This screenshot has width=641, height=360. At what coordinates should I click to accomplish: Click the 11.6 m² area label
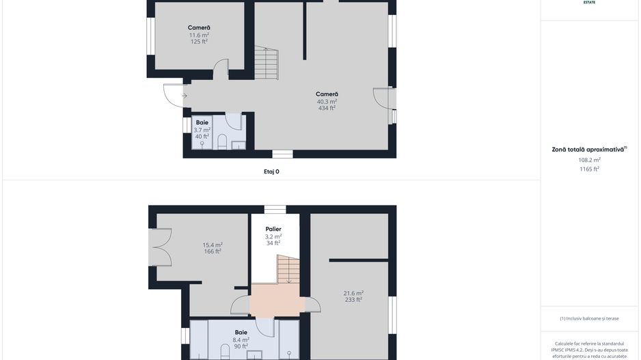pyautogui.click(x=199, y=35)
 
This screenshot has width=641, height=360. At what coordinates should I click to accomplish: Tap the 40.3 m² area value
pyautogui.click(x=327, y=101)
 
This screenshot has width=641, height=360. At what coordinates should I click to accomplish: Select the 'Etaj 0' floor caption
pyautogui.click(x=271, y=171)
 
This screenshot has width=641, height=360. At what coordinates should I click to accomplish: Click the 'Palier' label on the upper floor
pyautogui.click(x=273, y=230)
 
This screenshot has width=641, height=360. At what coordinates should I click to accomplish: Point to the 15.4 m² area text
pyautogui.click(x=213, y=245)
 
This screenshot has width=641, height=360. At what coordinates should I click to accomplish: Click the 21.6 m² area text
pyautogui.click(x=353, y=293)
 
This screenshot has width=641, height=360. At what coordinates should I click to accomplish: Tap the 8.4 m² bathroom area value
pyautogui.click(x=241, y=340)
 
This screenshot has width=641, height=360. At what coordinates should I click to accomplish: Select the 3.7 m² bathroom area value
pyautogui.click(x=202, y=130)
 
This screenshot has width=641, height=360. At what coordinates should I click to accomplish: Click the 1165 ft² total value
pyautogui.click(x=589, y=169)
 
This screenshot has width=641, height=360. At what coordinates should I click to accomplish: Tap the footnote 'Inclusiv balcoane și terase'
pyautogui.click(x=589, y=318)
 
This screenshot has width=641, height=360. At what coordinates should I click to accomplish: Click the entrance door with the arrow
pyautogui.click(x=174, y=95)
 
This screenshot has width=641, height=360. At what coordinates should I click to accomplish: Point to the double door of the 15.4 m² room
pyautogui.click(x=159, y=247)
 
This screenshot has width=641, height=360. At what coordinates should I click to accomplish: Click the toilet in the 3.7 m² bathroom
pyautogui.click(x=221, y=141)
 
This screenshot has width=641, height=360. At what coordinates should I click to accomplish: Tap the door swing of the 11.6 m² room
pyautogui.click(x=220, y=69)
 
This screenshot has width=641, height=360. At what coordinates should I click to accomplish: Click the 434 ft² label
pyautogui.click(x=327, y=108)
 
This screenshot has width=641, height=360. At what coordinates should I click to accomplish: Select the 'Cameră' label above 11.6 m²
pyautogui.click(x=199, y=28)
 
